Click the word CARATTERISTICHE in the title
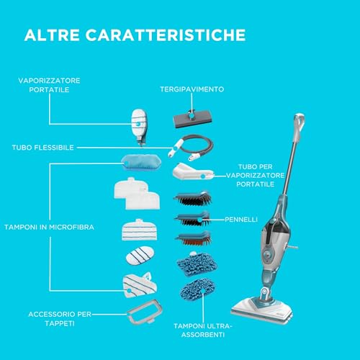(x=166, y=35)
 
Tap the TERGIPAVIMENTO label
(x=192, y=89)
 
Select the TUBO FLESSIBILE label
(x=43, y=148)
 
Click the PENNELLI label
(x=241, y=220)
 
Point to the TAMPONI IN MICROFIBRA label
(x=49, y=227)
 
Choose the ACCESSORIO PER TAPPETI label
(x=60, y=319)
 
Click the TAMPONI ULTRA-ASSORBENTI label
(x=203, y=330)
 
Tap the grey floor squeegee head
(x=192, y=118)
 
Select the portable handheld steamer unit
(x=139, y=127)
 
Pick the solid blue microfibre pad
(x=141, y=162)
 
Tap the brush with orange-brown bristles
(x=194, y=238)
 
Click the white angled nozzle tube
(x=193, y=171)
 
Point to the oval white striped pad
(x=140, y=256)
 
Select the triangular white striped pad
(x=140, y=285)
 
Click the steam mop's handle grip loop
(x=300, y=122)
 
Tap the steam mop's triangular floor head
(x=262, y=310)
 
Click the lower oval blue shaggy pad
(x=197, y=289)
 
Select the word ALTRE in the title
(x=52, y=35)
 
